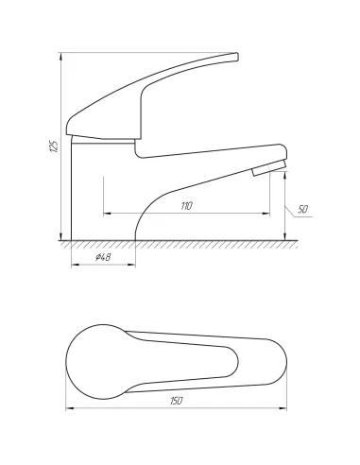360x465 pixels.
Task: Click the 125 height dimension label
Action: (x=54, y=146)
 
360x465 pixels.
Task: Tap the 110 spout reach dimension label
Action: (x=186, y=206)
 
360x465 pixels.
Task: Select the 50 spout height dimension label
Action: (x=302, y=209)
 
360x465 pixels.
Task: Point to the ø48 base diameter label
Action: (x=103, y=257)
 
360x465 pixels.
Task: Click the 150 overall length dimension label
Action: (x=177, y=401)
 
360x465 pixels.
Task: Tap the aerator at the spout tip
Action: (x=268, y=168)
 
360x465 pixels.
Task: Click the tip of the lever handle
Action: (x=236, y=57)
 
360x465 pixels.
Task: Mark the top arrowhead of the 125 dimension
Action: (x=60, y=57)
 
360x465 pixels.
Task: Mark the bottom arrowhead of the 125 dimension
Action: (x=60, y=236)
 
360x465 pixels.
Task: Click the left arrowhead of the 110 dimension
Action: (x=108, y=214)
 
